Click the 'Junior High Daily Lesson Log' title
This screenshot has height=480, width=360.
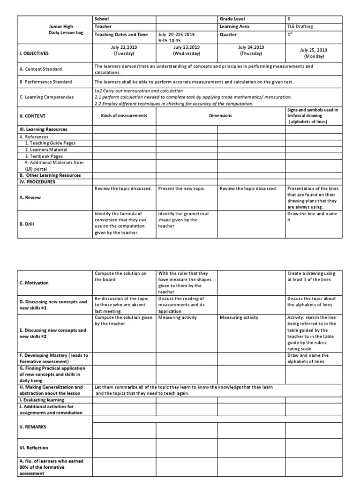[x=55, y=30]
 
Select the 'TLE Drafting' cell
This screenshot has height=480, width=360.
[x=301, y=27]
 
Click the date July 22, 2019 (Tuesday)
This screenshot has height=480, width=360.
[x=124, y=50]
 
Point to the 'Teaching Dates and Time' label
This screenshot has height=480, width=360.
[x=121, y=34]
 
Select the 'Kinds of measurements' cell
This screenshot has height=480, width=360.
[x=124, y=115]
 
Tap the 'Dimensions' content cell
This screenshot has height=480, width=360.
[x=220, y=115]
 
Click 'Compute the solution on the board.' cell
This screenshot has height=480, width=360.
[x=121, y=276]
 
